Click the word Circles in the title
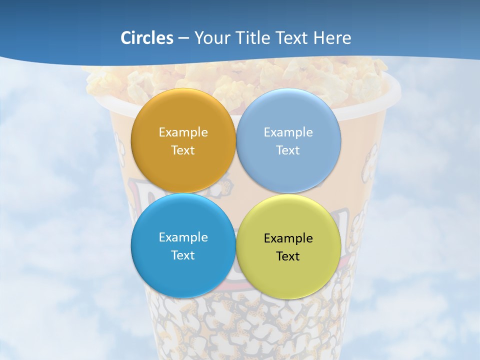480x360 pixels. tap(147, 38)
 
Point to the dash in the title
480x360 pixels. tap(183, 38)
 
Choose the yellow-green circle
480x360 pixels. tap(288, 272)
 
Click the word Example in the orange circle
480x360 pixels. tap(183, 132)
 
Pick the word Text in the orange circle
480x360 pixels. tap(183, 150)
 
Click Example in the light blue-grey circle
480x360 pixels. tap(288, 132)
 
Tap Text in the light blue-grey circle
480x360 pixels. tap(288, 150)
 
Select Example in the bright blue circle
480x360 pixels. tap(183, 237)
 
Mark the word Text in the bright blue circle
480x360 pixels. tap(183, 255)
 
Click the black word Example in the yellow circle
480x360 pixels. tap(288, 238)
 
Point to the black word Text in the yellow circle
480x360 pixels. tap(288, 256)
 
